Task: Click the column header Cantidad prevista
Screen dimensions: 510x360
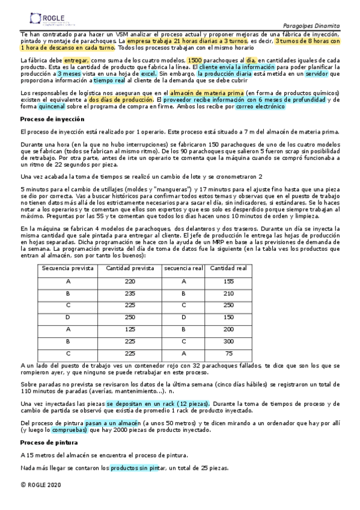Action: [x=130, y=268]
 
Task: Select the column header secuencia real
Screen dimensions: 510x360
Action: [x=183, y=268]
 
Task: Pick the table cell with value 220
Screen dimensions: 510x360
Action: [x=130, y=281]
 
